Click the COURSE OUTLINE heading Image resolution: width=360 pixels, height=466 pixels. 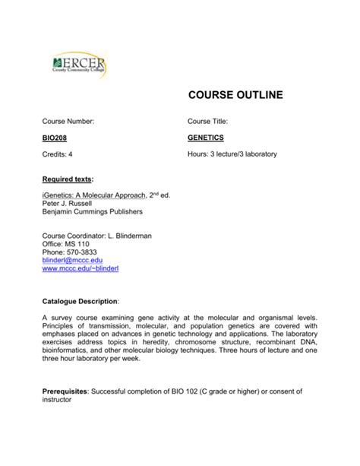(x=235, y=95)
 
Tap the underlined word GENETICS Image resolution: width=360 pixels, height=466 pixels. (x=206, y=138)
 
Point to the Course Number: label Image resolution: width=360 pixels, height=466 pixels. (x=68, y=122)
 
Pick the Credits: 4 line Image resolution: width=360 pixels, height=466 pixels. (x=58, y=154)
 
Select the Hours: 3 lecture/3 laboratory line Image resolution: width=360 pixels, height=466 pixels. (x=232, y=154)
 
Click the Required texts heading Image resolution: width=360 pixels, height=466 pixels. (x=67, y=179)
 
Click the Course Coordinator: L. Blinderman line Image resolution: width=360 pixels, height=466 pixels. (x=96, y=236)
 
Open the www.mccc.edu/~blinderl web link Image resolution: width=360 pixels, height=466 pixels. (x=81, y=270)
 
